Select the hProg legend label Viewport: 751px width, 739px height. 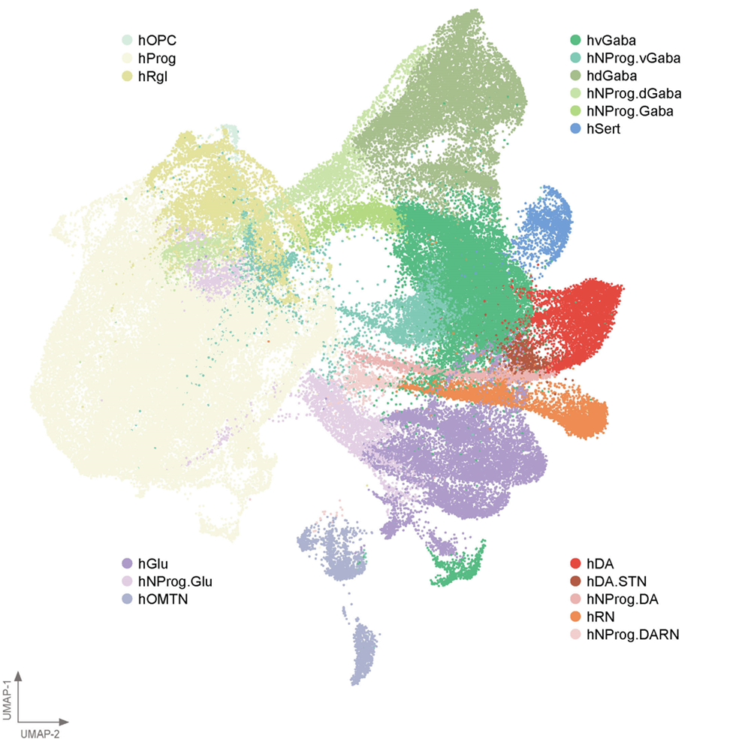coord(158,57)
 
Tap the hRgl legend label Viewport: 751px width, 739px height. coord(152,75)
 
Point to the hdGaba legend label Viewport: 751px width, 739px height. coord(612,75)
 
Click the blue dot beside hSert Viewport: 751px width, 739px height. coord(575,129)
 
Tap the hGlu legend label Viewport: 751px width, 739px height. coord(152,563)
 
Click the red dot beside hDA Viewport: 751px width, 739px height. coord(575,563)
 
